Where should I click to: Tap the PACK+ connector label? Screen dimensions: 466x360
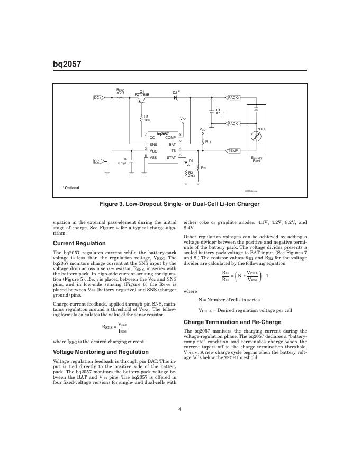coord(233,98)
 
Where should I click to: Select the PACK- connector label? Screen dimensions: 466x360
coord(233,123)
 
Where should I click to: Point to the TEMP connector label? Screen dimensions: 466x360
coord(233,151)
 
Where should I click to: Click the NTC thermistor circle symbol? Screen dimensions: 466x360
coord(257,137)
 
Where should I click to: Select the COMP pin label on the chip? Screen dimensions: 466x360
coord(170,138)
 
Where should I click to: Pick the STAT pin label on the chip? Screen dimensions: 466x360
coord(171,157)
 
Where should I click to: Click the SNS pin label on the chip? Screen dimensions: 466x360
coord(154,144)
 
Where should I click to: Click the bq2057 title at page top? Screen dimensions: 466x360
coord(67,65)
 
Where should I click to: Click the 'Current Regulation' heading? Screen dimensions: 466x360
coord(76,243)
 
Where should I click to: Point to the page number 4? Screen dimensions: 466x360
coord(180,408)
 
